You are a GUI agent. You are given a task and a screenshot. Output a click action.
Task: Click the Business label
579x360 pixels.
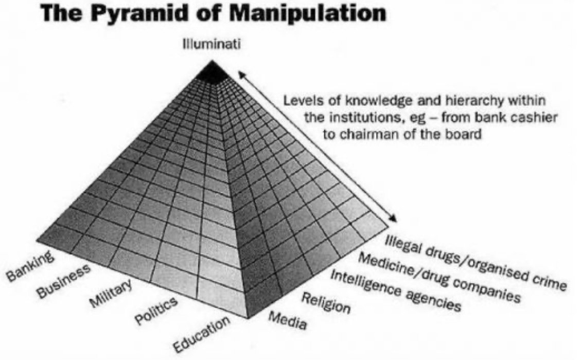click(64, 282)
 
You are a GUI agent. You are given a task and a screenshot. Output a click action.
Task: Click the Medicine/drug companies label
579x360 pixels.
click(439, 278)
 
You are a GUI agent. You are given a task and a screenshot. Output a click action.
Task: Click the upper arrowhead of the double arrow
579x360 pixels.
click(242, 76)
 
